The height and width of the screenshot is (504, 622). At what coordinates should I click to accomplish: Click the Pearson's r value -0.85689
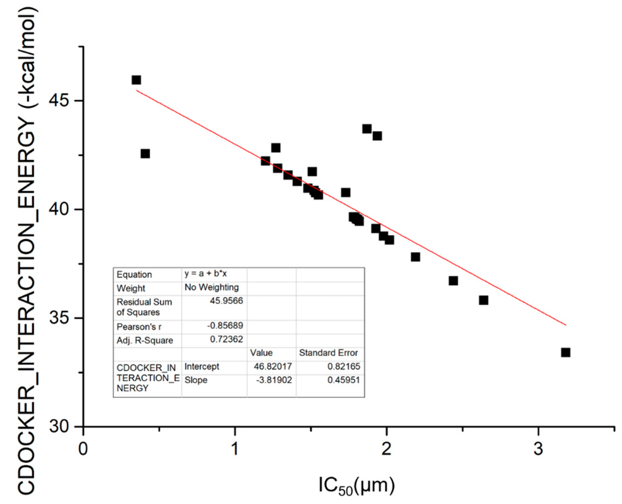pyautogui.click(x=225, y=325)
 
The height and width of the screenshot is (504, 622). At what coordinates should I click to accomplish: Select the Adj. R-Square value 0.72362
pyautogui.click(x=226, y=339)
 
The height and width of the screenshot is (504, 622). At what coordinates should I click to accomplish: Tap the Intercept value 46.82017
pyautogui.click(x=272, y=366)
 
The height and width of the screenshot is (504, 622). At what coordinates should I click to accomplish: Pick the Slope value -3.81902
pyautogui.click(x=274, y=380)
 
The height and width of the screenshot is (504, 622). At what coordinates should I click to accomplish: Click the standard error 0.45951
pyautogui.click(x=343, y=380)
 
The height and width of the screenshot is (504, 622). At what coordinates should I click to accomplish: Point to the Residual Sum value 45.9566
pyautogui.click(x=226, y=301)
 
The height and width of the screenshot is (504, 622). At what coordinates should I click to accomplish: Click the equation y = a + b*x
pyautogui.click(x=205, y=273)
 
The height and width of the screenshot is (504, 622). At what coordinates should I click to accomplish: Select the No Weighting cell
pyautogui.click(x=211, y=287)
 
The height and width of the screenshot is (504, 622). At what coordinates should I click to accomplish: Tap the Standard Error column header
pyautogui.click(x=328, y=353)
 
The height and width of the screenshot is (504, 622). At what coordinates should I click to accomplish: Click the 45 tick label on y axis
pyautogui.click(x=59, y=101)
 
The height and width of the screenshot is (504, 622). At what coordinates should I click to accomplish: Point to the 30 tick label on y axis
pyautogui.click(x=59, y=427)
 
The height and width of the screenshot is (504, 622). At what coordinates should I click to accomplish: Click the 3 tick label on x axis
pyautogui.click(x=538, y=449)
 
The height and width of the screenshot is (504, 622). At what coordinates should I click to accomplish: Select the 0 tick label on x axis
pyautogui.click(x=83, y=449)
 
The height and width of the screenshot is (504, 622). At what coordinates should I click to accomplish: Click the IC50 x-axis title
pyautogui.click(x=357, y=485)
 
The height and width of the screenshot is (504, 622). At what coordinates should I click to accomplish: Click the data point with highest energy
pyautogui.click(x=136, y=80)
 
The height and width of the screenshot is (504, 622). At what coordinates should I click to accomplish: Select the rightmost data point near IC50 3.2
pyautogui.click(x=565, y=353)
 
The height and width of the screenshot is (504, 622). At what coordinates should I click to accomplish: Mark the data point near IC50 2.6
pyautogui.click(x=483, y=300)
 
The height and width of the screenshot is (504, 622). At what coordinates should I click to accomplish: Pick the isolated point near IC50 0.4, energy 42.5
pyautogui.click(x=145, y=153)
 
